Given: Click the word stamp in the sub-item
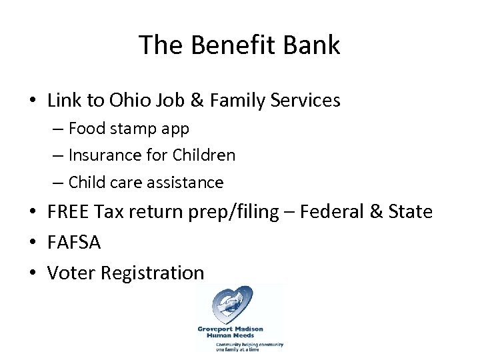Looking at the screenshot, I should (x=133, y=129).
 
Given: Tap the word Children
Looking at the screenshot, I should (x=204, y=155).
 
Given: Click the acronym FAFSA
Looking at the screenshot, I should (x=74, y=243).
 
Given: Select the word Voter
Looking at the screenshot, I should (x=71, y=273).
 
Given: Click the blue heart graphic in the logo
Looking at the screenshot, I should (x=231, y=306).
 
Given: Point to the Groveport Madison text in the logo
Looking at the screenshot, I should (x=230, y=329).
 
